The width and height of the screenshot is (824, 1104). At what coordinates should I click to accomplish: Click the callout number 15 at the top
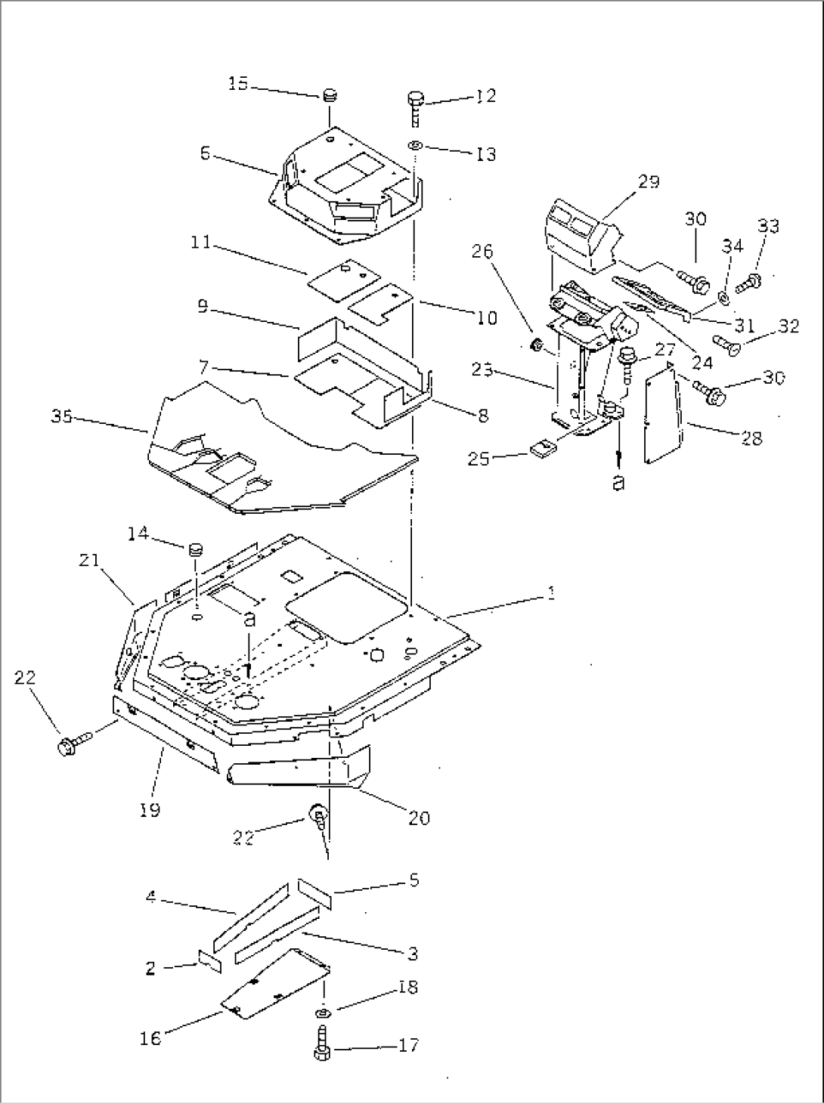238,84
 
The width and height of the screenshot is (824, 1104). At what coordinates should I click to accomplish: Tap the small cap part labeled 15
329,95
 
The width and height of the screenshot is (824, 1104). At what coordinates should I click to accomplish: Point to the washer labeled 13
416,144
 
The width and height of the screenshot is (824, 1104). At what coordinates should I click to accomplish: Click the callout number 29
648,181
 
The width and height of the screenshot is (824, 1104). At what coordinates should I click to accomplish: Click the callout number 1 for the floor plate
551,593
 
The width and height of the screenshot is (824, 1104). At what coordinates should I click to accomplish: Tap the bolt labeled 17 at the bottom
321,1050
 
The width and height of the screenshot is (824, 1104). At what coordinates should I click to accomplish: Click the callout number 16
150,1039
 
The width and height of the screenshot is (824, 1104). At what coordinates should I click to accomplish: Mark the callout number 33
769,226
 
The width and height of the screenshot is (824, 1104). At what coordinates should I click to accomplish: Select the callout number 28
752,438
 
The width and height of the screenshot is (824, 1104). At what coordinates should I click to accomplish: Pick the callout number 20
418,818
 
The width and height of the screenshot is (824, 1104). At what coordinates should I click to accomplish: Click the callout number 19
150,810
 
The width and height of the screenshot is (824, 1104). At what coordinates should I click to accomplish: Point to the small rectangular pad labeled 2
209,960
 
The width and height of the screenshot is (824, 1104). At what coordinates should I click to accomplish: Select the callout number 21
88,560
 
